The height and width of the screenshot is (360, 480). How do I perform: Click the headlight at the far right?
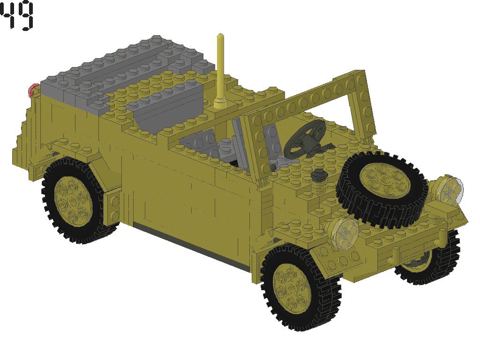(450, 189)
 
